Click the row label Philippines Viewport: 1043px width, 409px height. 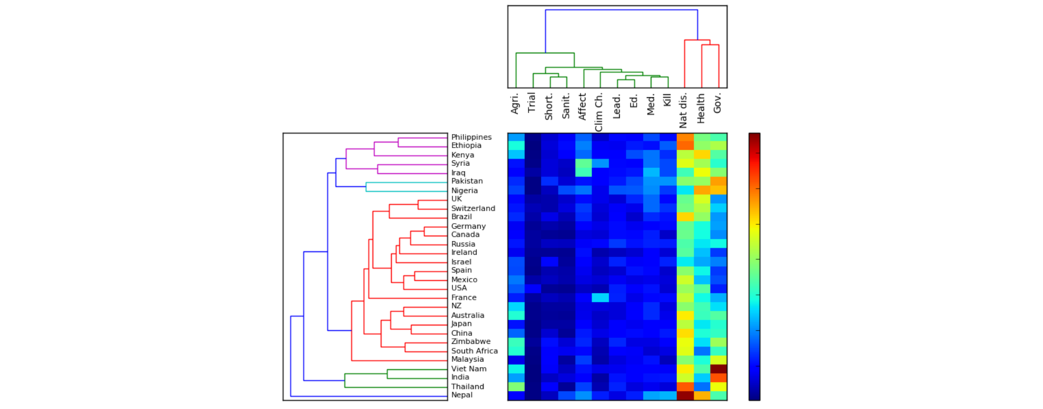pyautogui.click(x=471, y=137)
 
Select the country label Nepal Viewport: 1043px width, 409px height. pyautogui.click(x=462, y=395)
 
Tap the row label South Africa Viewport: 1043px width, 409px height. pyautogui.click(x=474, y=351)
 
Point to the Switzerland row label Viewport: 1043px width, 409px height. pyautogui.click(x=473, y=209)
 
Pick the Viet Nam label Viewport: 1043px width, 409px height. pyautogui.click(x=469, y=369)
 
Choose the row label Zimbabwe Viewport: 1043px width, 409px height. pyautogui.click(x=470, y=342)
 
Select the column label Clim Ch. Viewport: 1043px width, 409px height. pyautogui.click(x=599, y=112)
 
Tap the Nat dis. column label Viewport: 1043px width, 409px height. pyautogui.click(x=683, y=110)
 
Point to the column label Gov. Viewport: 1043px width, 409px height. pyautogui.click(x=717, y=103)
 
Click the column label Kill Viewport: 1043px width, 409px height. pyautogui.click(x=667, y=100)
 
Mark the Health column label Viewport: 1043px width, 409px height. pyautogui.click(x=701, y=108)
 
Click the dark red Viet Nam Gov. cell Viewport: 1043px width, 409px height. pyautogui.click(x=719, y=369)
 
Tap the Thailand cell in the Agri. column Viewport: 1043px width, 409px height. pyautogui.click(x=517, y=387)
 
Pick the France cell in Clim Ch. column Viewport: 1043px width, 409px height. pyautogui.click(x=601, y=298)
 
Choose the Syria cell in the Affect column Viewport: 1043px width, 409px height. pyautogui.click(x=584, y=163)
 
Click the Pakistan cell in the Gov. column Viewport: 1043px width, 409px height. pyautogui.click(x=719, y=181)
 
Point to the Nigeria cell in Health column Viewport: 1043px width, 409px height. pyautogui.click(x=702, y=191)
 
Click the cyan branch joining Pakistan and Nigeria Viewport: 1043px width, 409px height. pyautogui.click(x=366, y=187)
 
